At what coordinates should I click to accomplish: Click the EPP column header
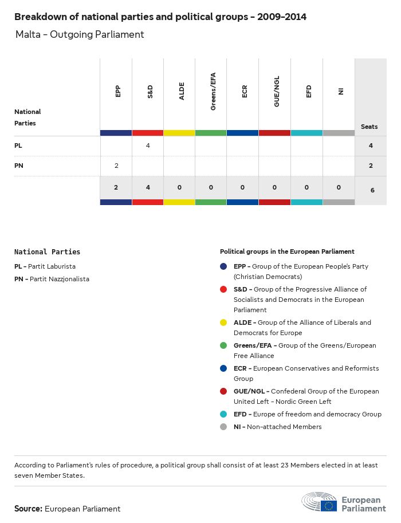point(118,91)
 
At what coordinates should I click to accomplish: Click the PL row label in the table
point(18,146)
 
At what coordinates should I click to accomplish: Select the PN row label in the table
point(19,166)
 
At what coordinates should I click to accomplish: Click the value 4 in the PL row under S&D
point(148,146)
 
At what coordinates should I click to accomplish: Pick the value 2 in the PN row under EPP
point(116,166)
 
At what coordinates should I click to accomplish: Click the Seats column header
point(369,127)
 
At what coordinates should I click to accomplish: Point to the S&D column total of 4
point(148,187)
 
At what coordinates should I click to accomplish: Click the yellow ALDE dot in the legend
point(223,323)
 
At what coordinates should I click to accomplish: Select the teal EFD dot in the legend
point(223,414)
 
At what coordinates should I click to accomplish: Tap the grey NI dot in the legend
point(223,427)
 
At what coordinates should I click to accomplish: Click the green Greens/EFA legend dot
point(223,345)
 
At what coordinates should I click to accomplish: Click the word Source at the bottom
point(28,509)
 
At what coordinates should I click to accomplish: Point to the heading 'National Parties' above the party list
point(47,251)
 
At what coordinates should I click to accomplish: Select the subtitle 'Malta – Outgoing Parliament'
point(80,34)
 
